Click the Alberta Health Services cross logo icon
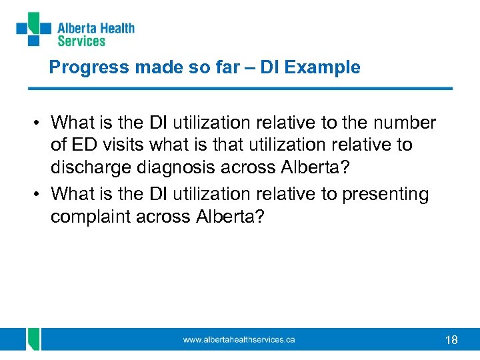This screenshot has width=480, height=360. coord(33,29)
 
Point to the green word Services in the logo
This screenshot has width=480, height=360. coord(81,41)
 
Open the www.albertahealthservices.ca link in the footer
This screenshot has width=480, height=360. coord(239,340)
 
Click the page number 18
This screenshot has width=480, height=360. coord(451,340)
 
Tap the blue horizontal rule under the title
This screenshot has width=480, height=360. coord(240,88)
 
